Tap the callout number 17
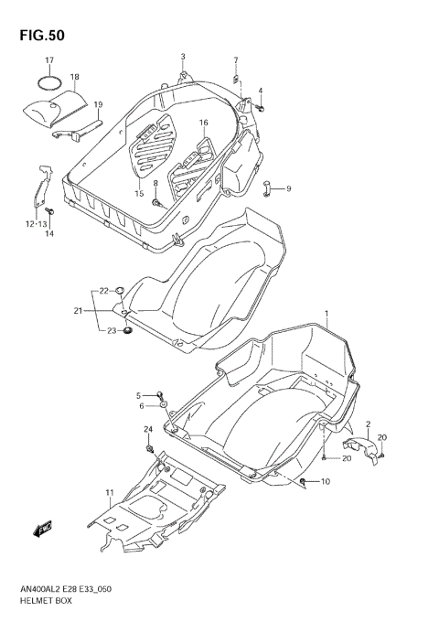coord(50,61)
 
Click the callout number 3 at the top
coord(182,57)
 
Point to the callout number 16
coord(203,123)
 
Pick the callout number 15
coord(139,193)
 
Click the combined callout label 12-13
coord(37,223)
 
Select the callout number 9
coord(287,189)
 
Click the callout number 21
coord(79,311)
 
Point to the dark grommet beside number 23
coord(128,329)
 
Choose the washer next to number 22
coord(120,292)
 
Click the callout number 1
coord(325,314)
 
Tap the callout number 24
coord(147,430)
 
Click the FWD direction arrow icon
coord(42,528)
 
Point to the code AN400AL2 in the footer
coord(38,590)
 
